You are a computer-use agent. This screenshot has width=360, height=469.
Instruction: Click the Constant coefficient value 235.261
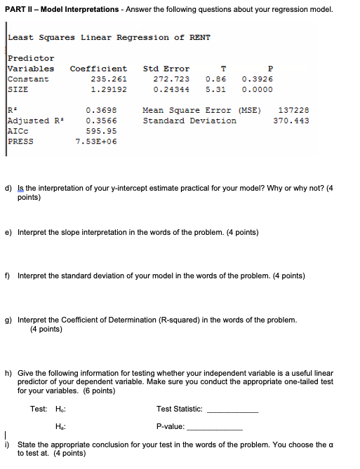tap(109, 79)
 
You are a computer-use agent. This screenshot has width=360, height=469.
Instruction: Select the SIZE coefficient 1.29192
tap(109, 89)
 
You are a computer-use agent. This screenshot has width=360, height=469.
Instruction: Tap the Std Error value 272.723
tap(171, 79)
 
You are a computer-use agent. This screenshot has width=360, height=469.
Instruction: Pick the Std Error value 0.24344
tap(171, 89)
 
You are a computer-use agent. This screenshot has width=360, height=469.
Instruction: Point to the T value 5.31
tap(215, 89)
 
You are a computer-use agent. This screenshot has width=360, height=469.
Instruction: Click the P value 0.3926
tap(257, 79)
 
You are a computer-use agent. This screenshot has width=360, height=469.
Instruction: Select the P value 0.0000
tap(257, 89)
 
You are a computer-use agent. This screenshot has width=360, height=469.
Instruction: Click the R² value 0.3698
tap(101, 110)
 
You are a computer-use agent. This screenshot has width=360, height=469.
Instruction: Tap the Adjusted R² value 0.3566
tap(101, 121)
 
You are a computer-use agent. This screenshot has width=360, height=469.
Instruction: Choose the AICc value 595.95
tap(101, 130)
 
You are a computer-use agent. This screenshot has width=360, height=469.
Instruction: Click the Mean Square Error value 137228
tap(293, 110)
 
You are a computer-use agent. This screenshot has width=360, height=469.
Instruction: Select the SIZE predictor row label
tap(18, 89)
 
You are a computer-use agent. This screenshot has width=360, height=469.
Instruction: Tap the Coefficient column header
tap(98, 69)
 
